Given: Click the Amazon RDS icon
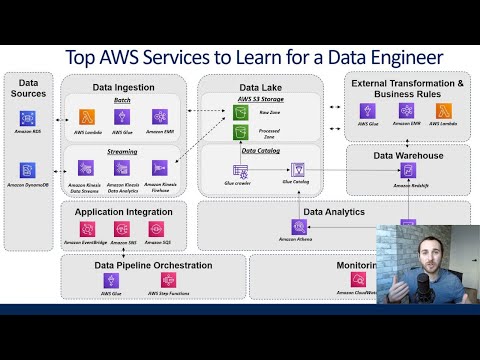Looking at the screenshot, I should (28, 116).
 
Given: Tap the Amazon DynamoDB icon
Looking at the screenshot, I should (28, 170).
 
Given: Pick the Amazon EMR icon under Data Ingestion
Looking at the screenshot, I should (158, 117).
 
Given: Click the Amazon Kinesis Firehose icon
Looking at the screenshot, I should (158, 169).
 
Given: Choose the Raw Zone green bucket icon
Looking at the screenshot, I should (240, 113).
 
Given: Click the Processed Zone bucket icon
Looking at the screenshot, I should (240, 132).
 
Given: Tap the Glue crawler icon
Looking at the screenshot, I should (240, 171).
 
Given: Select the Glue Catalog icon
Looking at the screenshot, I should (297, 171).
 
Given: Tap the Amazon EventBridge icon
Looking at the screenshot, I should (86, 228).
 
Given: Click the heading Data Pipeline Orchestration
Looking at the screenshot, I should (152, 265).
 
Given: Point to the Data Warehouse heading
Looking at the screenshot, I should (408, 155).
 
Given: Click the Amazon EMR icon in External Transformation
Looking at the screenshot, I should (404, 111).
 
